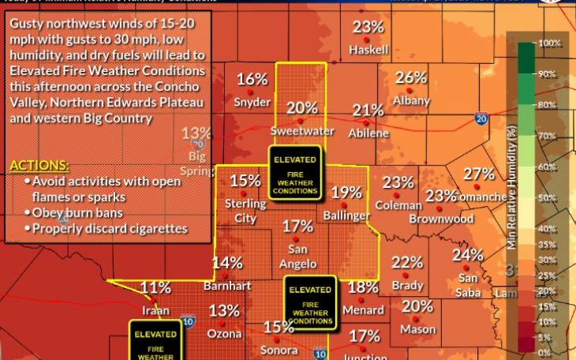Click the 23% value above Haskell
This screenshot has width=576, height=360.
[368, 28]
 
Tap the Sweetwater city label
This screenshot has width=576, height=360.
[301, 131]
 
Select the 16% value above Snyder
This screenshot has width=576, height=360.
[252, 79]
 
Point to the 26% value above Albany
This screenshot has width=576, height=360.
[410, 78]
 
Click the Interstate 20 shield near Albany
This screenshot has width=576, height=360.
[481, 119]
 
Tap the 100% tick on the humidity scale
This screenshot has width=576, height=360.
[550, 43]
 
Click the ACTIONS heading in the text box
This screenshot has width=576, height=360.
[39, 167]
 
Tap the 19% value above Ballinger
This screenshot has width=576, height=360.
[346, 192]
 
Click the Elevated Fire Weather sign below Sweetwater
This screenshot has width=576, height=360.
[295, 171]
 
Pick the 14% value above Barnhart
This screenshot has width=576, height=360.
[226, 263]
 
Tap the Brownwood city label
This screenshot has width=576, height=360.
[447, 219]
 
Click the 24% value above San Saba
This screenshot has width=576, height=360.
[467, 255]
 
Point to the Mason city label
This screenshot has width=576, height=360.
[417, 329]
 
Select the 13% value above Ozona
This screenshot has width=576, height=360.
[224, 311]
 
